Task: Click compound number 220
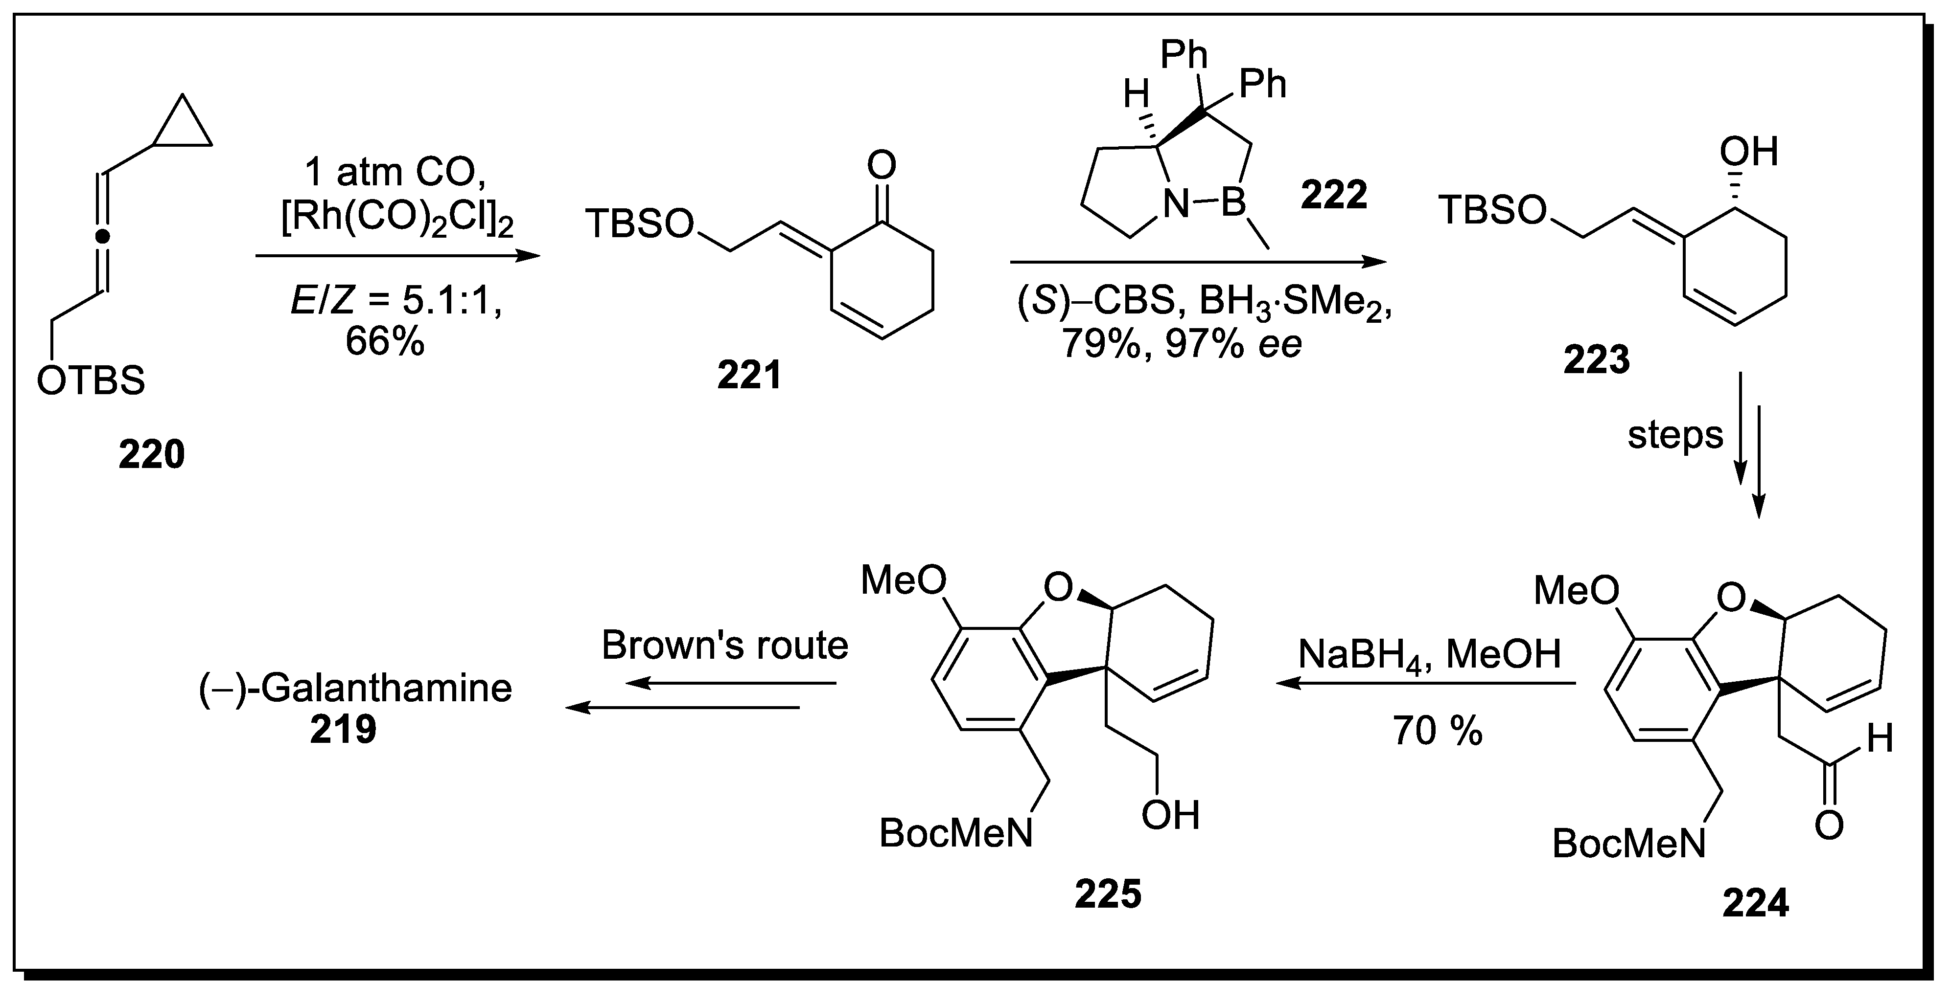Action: click(x=151, y=455)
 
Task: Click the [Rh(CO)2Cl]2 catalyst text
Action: click(x=397, y=221)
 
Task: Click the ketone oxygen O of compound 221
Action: click(x=881, y=165)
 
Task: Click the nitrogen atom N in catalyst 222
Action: click(x=1176, y=204)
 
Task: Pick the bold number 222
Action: click(x=1334, y=195)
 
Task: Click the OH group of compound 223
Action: click(x=1748, y=152)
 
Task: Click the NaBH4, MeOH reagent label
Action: click(x=1429, y=654)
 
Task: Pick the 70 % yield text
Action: click(x=1437, y=731)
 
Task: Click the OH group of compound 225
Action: click(x=1170, y=815)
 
